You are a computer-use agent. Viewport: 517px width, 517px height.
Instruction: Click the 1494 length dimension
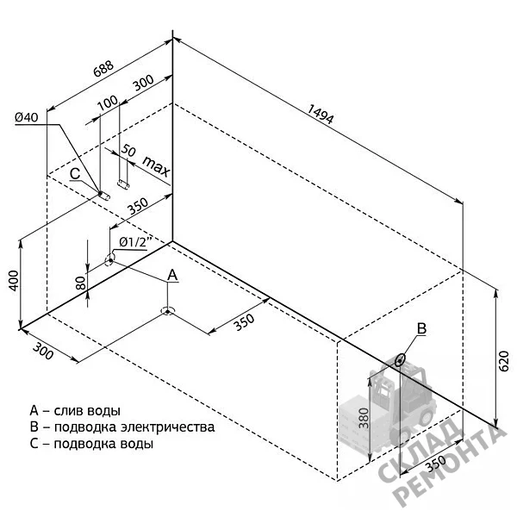tap(321, 114)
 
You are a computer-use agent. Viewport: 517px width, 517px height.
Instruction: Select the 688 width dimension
tap(103, 69)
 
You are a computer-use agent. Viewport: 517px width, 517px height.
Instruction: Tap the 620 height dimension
tap(503, 361)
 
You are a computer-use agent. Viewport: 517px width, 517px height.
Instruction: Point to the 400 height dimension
tap(14, 281)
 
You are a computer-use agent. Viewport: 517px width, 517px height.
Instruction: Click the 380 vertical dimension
tap(364, 418)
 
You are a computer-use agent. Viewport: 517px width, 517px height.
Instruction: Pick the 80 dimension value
tap(81, 283)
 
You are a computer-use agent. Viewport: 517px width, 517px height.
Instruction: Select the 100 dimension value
tap(108, 103)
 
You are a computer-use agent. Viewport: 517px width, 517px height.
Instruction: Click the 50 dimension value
tap(128, 150)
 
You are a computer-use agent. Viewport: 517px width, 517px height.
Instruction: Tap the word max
tap(156, 165)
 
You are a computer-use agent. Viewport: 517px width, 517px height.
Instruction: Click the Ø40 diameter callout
tap(27, 117)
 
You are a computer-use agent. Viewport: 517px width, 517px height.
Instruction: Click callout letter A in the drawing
tap(173, 275)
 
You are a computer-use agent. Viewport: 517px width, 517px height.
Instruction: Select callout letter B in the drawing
tap(421, 328)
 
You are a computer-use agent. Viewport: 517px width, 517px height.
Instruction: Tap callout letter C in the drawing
tap(75, 174)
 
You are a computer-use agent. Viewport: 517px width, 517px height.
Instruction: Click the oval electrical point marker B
tap(400, 360)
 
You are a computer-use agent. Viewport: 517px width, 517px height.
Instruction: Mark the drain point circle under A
tap(168, 311)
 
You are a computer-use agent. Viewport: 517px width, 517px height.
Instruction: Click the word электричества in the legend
tap(168, 427)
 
